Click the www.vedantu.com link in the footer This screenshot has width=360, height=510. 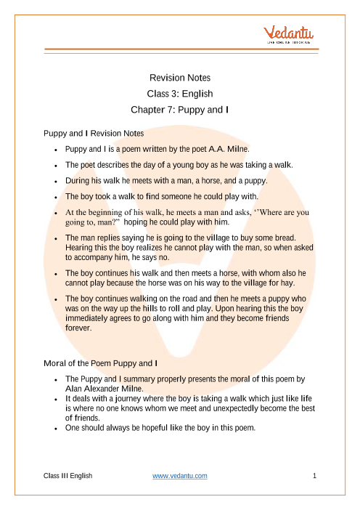pos(180,475)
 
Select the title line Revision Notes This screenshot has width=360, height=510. pos(179,77)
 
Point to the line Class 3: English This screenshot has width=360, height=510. pos(179,94)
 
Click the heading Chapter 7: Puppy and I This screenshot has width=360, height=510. pos(179,110)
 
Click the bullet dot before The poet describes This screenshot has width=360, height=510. pos(56,164)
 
